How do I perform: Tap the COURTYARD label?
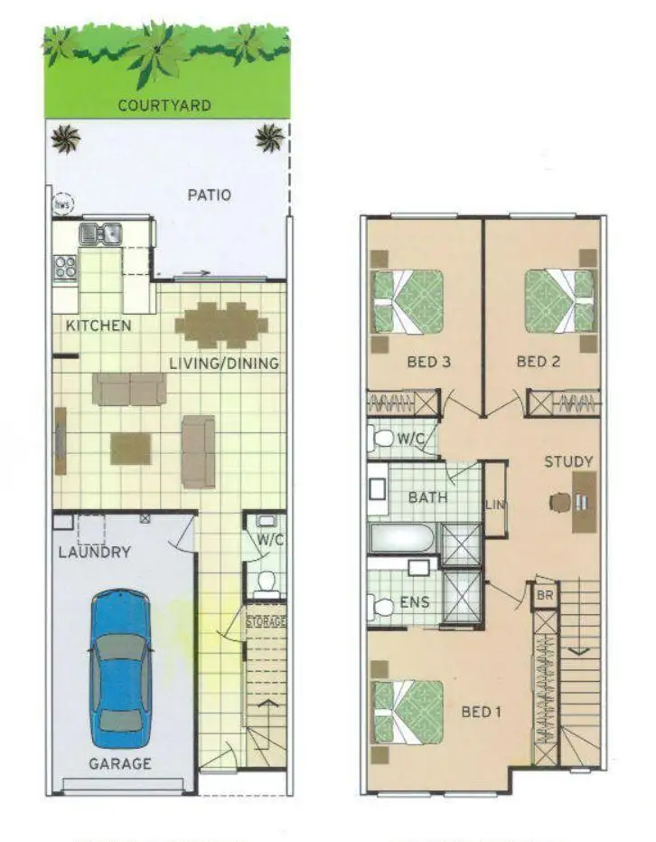click(164, 106)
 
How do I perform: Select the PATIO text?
click(209, 194)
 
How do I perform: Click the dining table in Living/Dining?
click(221, 325)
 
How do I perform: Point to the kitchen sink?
click(99, 234)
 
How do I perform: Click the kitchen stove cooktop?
click(65, 268)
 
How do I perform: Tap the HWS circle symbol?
click(62, 203)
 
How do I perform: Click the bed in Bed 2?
click(560, 302)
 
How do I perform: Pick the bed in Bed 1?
click(408, 713)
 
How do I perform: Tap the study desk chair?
click(562, 501)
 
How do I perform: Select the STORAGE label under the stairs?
click(266, 622)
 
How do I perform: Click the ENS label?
click(415, 602)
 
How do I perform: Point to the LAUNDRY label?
click(95, 552)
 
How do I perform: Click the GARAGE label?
click(119, 764)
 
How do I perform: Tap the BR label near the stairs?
click(545, 597)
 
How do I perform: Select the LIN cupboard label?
click(494, 505)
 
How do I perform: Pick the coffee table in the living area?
click(131, 449)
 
